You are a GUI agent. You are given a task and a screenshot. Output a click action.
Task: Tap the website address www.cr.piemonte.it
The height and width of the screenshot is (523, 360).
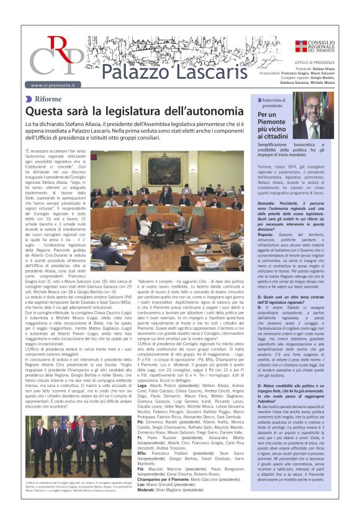coord(53,84)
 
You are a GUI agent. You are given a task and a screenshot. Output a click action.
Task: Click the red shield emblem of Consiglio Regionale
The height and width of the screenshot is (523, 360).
coord(300,45)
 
